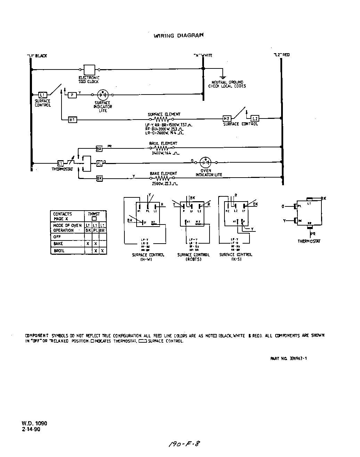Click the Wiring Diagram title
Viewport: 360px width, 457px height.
[179, 35]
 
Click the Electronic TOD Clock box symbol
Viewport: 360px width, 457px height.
[90, 70]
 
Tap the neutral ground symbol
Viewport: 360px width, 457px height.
[223, 77]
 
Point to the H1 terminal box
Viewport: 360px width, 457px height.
[72, 120]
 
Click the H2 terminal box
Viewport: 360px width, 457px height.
[227, 119]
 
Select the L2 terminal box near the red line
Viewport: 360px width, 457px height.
[255, 119]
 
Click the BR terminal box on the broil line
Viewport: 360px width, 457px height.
[99, 149]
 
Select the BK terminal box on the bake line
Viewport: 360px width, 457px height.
[99, 178]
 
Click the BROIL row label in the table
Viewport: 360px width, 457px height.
[59, 251]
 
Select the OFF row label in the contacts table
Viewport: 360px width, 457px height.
[57, 237]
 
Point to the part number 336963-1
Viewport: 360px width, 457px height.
[288, 358]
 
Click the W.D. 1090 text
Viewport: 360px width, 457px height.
[34, 423]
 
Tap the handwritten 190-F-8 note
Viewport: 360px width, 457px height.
[185, 443]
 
